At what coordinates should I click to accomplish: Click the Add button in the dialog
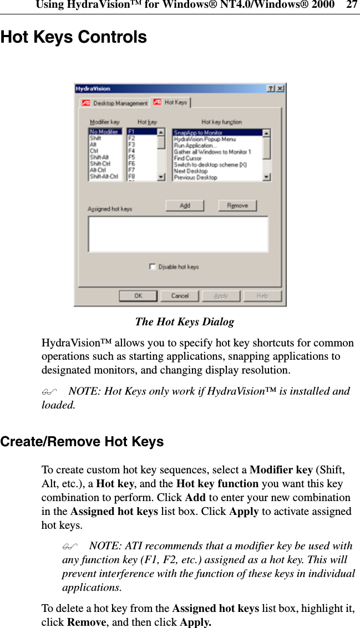[x=185, y=206]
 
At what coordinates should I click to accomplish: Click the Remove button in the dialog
[x=237, y=206]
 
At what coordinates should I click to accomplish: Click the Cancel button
[x=180, y=296]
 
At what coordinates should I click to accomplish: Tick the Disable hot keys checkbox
[x=153, y=267]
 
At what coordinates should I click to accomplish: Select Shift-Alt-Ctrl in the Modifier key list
[x=104, y=177]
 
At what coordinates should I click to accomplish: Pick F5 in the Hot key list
[x=132, y=157]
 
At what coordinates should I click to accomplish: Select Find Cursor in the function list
[x=188, y=158]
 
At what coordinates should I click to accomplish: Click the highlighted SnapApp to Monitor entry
[x=198, y=132]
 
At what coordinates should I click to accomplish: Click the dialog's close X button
[x=281, y=88]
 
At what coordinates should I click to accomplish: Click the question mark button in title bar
[x=271, y=88]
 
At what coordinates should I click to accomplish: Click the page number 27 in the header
[x=352, y=5]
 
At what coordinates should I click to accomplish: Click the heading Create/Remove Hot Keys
[x=82, y=442]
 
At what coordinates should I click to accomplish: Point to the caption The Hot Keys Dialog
[x=185, y=321]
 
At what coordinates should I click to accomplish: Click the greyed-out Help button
[x=262, y=296]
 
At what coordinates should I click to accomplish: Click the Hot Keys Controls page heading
[x=74, y=37]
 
